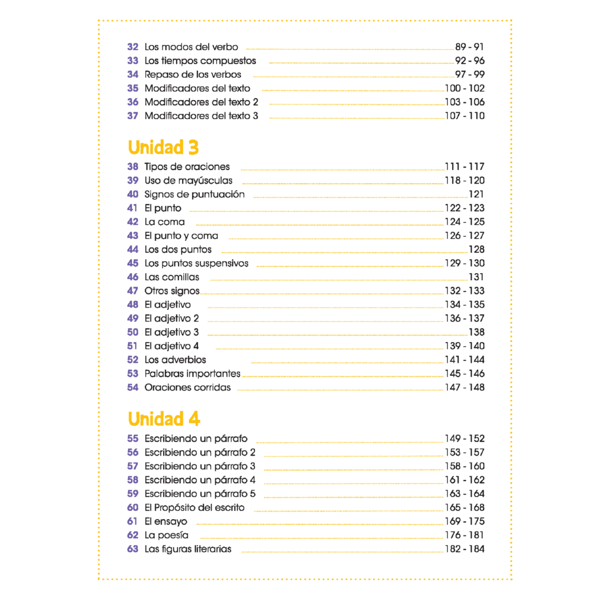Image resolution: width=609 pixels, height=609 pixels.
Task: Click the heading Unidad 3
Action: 163,147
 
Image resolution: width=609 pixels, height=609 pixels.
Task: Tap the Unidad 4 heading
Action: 164,419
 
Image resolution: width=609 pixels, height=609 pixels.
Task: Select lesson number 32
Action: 133,47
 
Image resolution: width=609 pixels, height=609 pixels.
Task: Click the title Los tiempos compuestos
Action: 200,61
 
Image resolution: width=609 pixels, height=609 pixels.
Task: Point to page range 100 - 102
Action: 464,88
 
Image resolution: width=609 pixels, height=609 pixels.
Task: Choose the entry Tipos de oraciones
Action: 187,167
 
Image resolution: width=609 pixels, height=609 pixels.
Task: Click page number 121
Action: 476,194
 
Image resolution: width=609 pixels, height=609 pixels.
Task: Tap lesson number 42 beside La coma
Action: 133,222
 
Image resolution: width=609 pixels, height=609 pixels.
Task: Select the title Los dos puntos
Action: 178,249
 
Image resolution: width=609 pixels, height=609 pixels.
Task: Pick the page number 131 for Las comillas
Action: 476,277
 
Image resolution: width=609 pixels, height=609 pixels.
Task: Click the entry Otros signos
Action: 172,291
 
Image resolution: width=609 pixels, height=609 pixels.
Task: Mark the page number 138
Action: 476,332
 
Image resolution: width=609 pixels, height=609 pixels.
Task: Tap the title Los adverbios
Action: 175,360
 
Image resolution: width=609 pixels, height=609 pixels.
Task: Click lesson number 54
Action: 133,387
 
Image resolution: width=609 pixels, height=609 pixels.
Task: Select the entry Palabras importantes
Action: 192,373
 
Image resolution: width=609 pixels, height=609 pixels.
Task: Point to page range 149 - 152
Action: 464,439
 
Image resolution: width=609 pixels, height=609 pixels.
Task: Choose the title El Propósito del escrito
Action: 194,508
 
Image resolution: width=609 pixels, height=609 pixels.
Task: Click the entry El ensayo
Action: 166,522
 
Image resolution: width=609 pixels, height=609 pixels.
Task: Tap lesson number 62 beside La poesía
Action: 133,535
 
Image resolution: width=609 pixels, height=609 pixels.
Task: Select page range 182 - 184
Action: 464,549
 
